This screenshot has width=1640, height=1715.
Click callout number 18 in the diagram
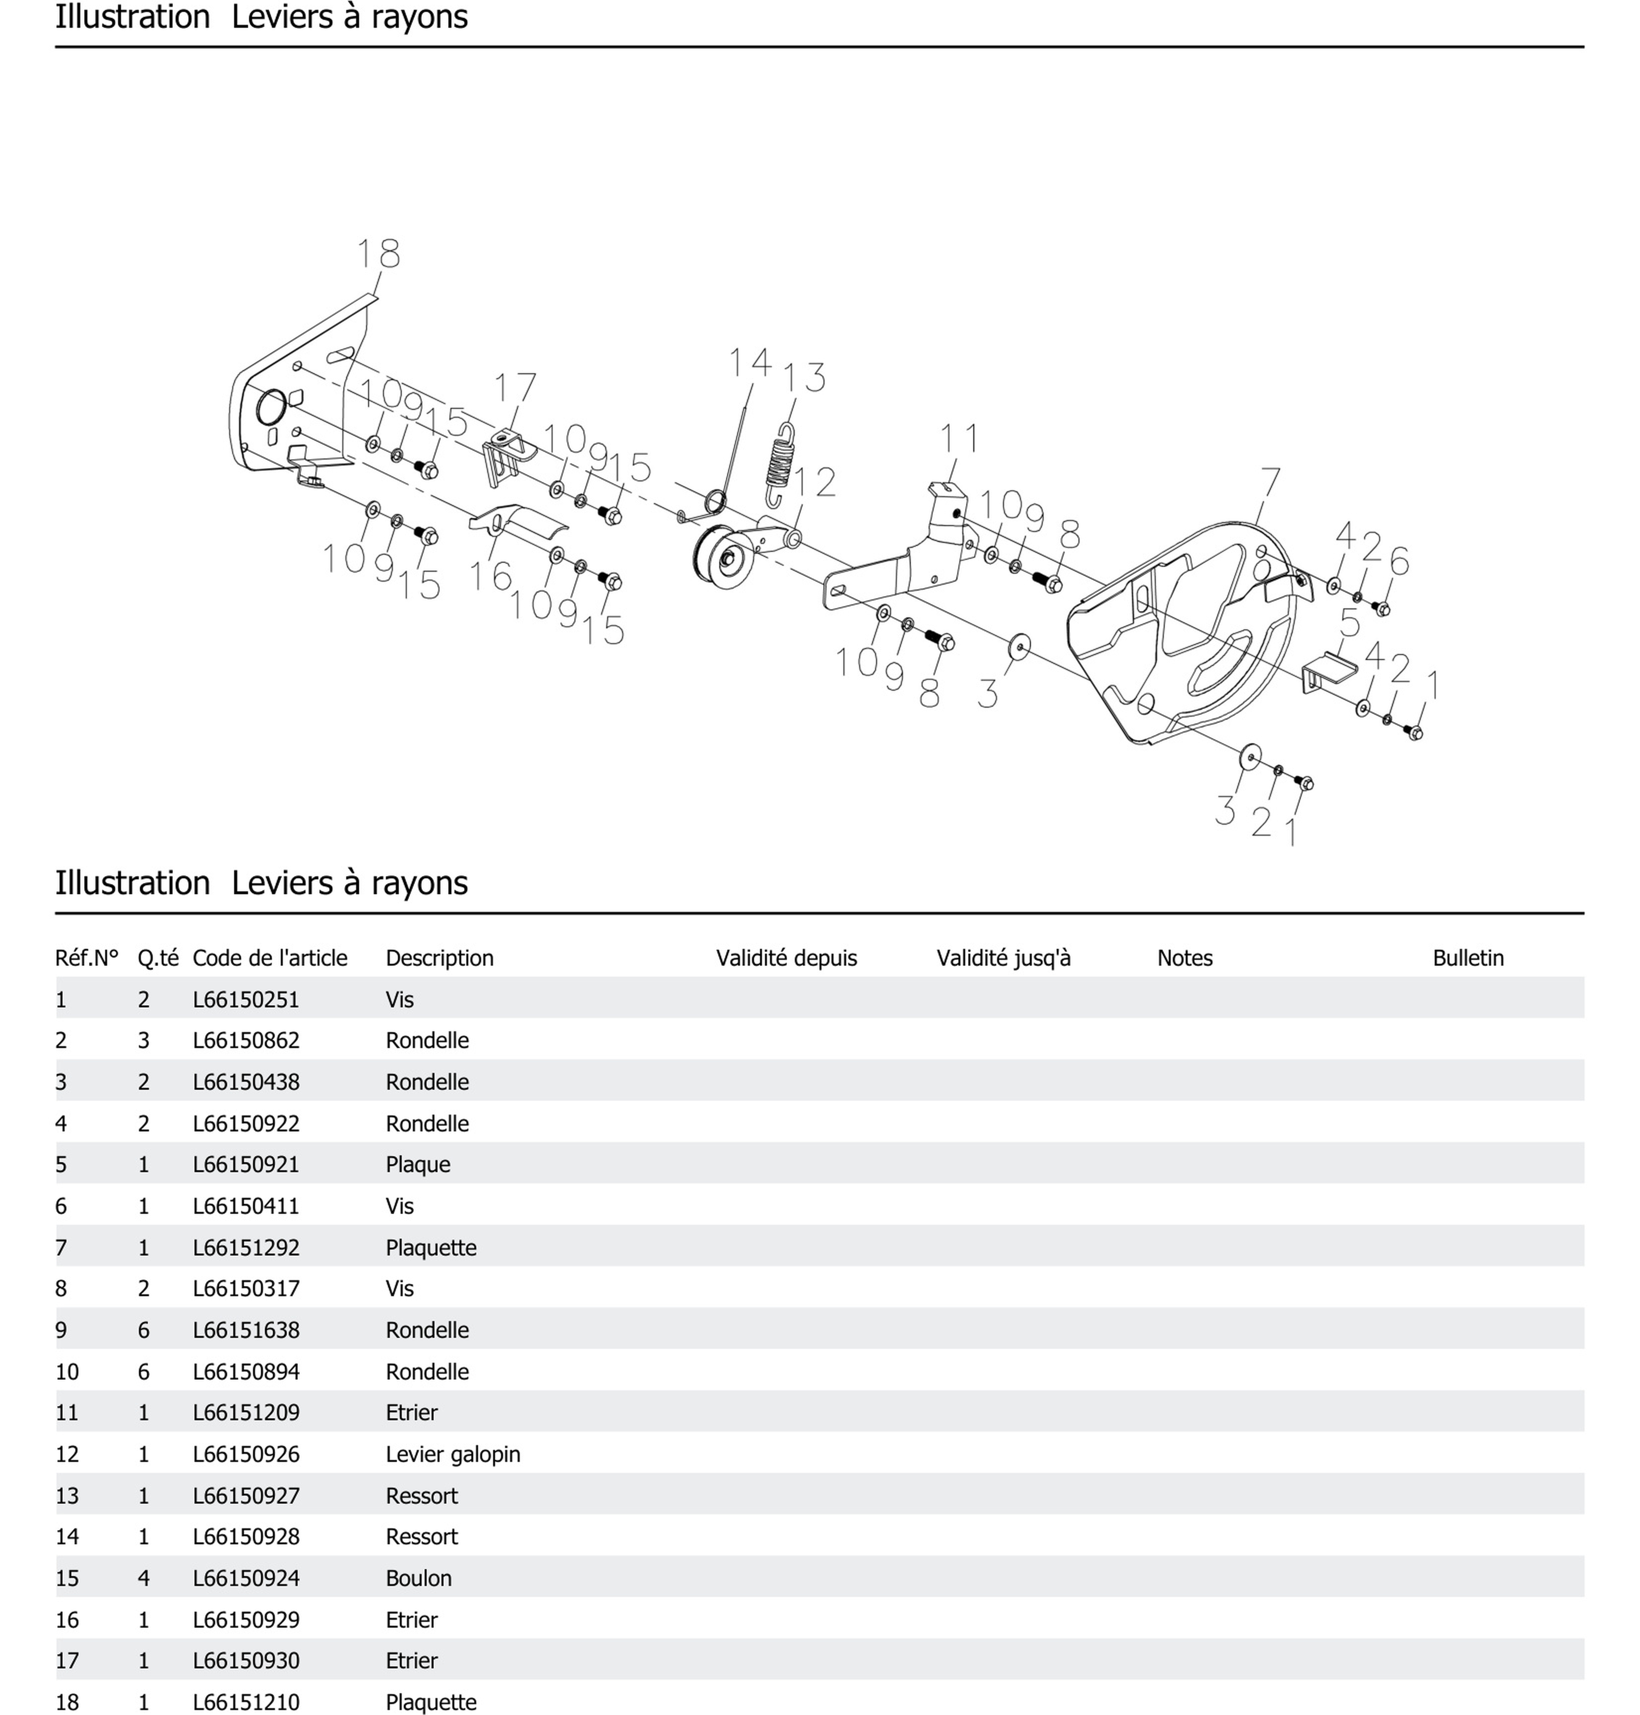pos(378,255)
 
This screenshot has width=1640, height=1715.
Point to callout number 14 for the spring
pos(750,362)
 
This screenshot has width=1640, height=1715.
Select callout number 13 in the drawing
pos(804,378)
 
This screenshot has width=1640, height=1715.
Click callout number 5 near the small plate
pos(1350,623)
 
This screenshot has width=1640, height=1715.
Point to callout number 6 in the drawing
pos(1399,561)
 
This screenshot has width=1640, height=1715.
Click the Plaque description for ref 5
pos(417,1165)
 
